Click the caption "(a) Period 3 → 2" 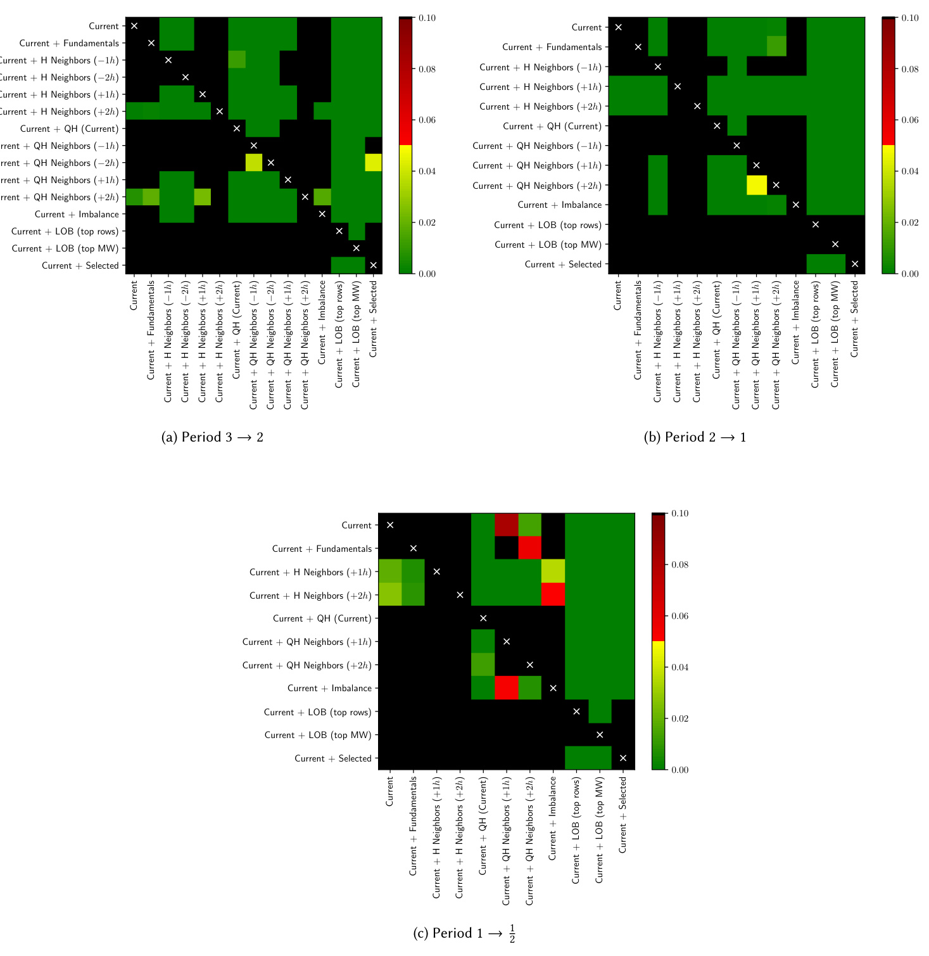tap(212, 437)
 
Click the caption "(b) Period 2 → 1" tap(695, 437)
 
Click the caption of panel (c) tap(464, 933)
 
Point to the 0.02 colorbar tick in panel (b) tap(910, 222)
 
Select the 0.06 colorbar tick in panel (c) tap(679, 616)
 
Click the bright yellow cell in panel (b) tap(757, 185)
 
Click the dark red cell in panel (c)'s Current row tap(507, 525)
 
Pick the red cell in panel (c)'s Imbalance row tap(507, 688)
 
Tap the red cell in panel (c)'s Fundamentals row tap(530, 548)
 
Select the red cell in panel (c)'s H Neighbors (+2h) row tap(553, 595)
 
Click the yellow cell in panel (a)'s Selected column tap(374, 163)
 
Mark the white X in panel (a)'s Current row tap(134, 26)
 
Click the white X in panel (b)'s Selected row tap(855, 264)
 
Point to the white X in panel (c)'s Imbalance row tap(553, 688)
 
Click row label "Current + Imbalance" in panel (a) tap(77, 214)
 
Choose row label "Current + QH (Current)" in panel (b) tap(552, 126)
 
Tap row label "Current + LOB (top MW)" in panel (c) tap(318, 735)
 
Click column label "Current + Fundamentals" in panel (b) tap(638, 330)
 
